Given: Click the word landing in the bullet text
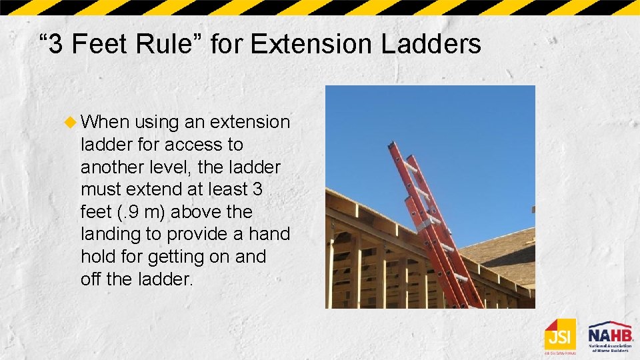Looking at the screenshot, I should [x=112, y=235].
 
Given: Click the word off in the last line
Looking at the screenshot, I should [x=91, y=279].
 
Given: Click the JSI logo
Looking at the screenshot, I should [x=559, y=335].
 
